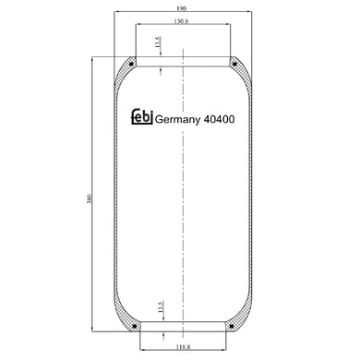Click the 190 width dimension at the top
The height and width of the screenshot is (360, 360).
pyautogui.click(x=185, y=9)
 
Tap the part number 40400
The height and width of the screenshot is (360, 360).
pyautogui.click(x=222, y=120)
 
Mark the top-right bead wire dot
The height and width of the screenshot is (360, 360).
pyautogui.click(x=234, y=64)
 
